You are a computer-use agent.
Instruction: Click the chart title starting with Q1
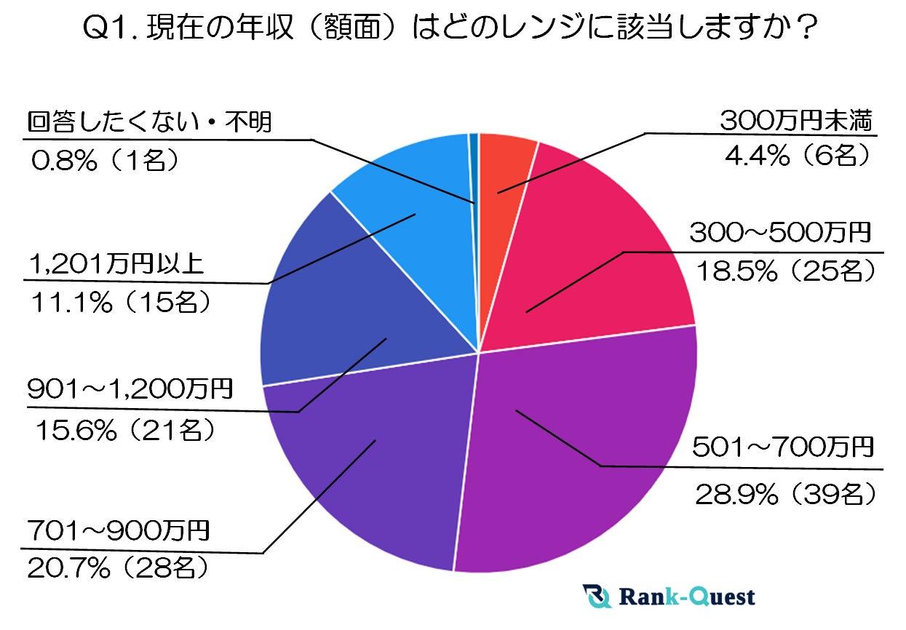pos(453,32)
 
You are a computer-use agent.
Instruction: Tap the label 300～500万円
pos(779,234)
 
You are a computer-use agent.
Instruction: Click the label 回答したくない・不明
pos(149,122)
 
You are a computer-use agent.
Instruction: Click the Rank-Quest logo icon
pos(597,597)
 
